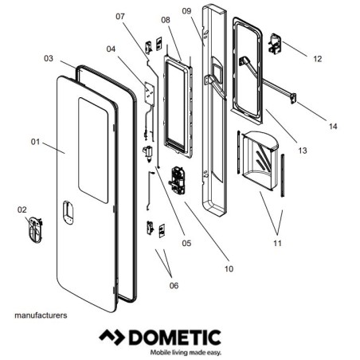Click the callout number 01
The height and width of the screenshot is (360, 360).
(x=35, y=142)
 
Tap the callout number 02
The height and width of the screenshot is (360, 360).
(x=22, y=209)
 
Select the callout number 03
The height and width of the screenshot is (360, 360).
(x=49, y=58)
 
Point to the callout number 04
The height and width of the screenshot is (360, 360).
(x=111, y=49)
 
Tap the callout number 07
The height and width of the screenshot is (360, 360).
(x=120, y=17)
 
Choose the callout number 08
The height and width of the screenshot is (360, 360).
(x=166, y=19)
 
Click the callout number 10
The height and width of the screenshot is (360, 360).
(x=229, y=268)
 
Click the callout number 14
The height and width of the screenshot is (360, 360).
(x=332, y=127)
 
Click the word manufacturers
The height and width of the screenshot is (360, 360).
(x=41, y=315)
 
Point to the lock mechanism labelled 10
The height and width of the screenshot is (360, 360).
(x=178, y=181)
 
